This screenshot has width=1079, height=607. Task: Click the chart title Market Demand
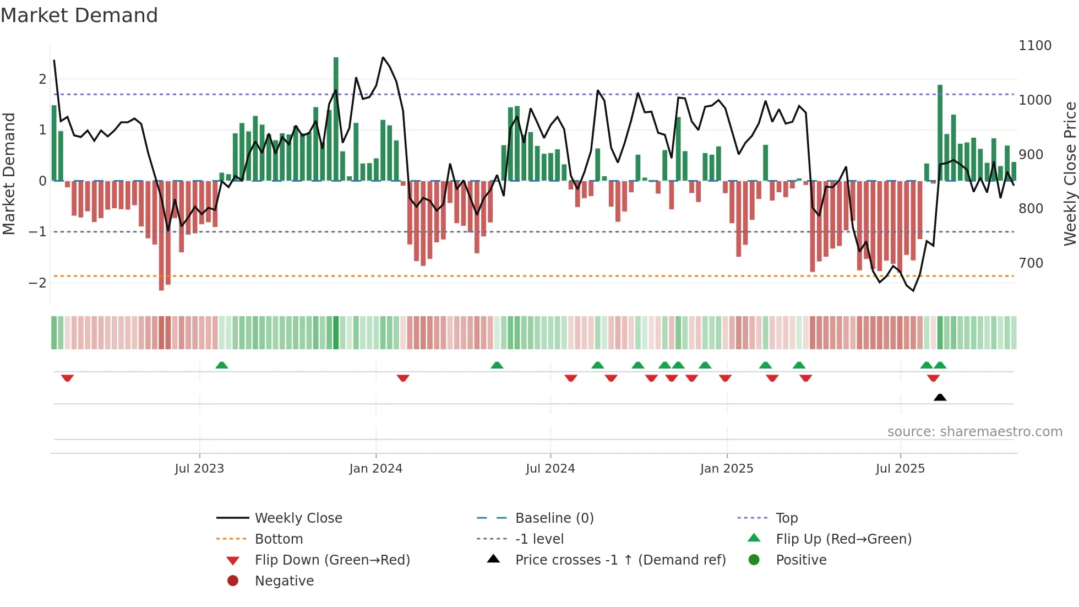tap(79, 15)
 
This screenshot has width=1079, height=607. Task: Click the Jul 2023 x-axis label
tap(199, 469)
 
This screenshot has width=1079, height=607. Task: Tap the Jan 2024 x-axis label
tap(375, 469)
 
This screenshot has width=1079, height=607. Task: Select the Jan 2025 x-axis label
tap(726, 469)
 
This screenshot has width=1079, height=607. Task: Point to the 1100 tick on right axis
tap(1034, 46)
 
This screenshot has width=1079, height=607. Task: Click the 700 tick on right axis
tap(1031, 263)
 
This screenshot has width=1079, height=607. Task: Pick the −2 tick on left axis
tap(37, 283)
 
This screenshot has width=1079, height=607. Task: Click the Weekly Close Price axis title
tap(1070, 174)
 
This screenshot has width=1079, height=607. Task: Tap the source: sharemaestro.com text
tap(974, 432)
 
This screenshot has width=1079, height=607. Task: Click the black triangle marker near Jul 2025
tap(940, 397)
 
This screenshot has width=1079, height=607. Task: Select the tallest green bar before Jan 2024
tap(336, 118)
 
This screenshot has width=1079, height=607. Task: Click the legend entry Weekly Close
tap(298, 518)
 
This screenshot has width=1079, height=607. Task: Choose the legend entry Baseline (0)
tap(554, 518)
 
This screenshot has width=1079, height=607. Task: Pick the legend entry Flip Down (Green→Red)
tap(332, 560)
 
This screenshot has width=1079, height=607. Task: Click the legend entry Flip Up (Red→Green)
tap(843, 539)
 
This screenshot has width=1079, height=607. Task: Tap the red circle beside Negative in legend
tap(233, 581)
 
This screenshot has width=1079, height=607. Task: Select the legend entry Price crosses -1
tap(620, 560)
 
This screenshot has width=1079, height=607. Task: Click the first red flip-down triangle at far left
tap(67, 378)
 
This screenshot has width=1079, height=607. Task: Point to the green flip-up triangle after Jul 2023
tap(222, 365)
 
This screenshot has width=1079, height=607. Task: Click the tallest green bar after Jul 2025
tap(940, 132)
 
